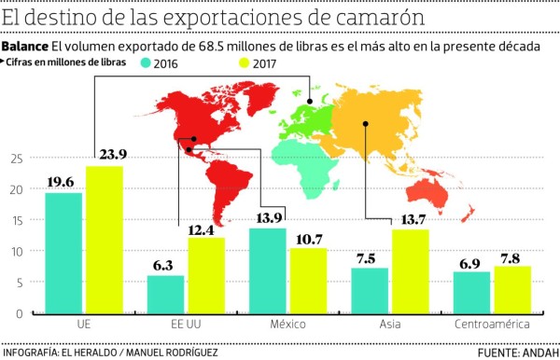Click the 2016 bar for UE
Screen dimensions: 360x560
[x=63, y=253]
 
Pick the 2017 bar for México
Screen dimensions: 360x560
[x=308, y=281]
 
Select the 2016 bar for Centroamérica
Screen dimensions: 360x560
[x=470, y=293]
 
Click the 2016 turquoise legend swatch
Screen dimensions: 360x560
[x=145, y=63]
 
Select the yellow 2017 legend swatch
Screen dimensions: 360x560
[x=219, y=63]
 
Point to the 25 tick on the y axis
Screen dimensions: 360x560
[x=14, y=159]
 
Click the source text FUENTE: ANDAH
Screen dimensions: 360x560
[x=516, y=353]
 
